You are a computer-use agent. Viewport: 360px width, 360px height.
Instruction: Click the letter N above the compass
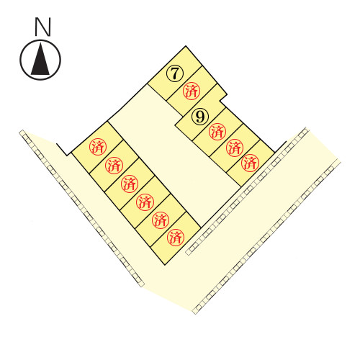[x=43, y=27]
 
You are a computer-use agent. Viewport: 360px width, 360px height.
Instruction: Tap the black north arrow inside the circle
[x=40, y=59]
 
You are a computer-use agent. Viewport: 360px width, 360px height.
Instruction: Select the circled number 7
[x=175, y=73]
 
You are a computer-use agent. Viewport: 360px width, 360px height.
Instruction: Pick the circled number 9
[x=200, y=117]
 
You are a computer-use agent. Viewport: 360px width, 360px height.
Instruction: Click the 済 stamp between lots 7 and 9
[x=192, y=91]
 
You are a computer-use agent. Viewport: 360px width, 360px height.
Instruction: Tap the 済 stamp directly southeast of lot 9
[x=217, y=132]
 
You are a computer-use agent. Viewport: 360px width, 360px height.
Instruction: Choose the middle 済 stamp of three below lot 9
[x=235, y=148]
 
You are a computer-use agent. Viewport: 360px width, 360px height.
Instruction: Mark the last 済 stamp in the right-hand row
[x=250, y=163]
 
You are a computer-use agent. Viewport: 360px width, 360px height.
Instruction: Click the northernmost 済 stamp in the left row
[x=98, y=147]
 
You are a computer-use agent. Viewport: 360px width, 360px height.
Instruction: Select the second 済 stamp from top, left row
[x=114, y=166]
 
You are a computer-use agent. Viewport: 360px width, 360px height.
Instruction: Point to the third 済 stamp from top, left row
[x=130, y=184]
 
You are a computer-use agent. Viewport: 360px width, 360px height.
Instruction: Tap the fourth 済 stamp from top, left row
[x=145, y=202]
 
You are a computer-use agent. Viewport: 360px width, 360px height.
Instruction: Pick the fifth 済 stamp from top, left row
[x=161, y=220]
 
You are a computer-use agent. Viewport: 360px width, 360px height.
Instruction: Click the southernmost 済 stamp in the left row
[x=176, y=237]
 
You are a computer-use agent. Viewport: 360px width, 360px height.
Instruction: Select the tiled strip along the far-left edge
[x=81, y=208]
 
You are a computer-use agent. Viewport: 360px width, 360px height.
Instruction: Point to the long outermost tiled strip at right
[x=266, y=236]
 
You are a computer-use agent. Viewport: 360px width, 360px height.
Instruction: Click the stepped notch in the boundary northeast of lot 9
[x=222, y=99]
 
